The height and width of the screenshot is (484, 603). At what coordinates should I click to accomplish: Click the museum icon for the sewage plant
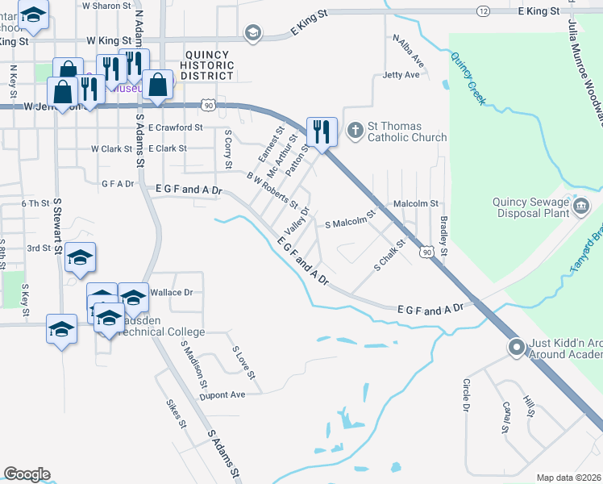coord(580,208)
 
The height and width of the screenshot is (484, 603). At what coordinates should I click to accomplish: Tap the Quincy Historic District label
coord(206,65)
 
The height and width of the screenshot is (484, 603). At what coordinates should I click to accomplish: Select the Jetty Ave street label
coord(401,75)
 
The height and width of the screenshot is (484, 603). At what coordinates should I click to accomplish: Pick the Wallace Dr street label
coord(171,293)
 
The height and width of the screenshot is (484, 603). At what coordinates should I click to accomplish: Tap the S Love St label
coord(243,363)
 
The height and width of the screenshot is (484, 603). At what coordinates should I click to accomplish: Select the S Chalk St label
coord(388,262)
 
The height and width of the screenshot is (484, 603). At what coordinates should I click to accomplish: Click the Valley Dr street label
coord(297,217)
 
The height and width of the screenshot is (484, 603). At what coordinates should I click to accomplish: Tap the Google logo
coord(27,474)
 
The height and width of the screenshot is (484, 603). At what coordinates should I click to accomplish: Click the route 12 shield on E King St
coord(483,10)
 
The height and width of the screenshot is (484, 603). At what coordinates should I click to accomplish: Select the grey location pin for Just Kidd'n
coord(516,348)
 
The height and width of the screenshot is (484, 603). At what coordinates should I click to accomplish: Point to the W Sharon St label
coord(106,6)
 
